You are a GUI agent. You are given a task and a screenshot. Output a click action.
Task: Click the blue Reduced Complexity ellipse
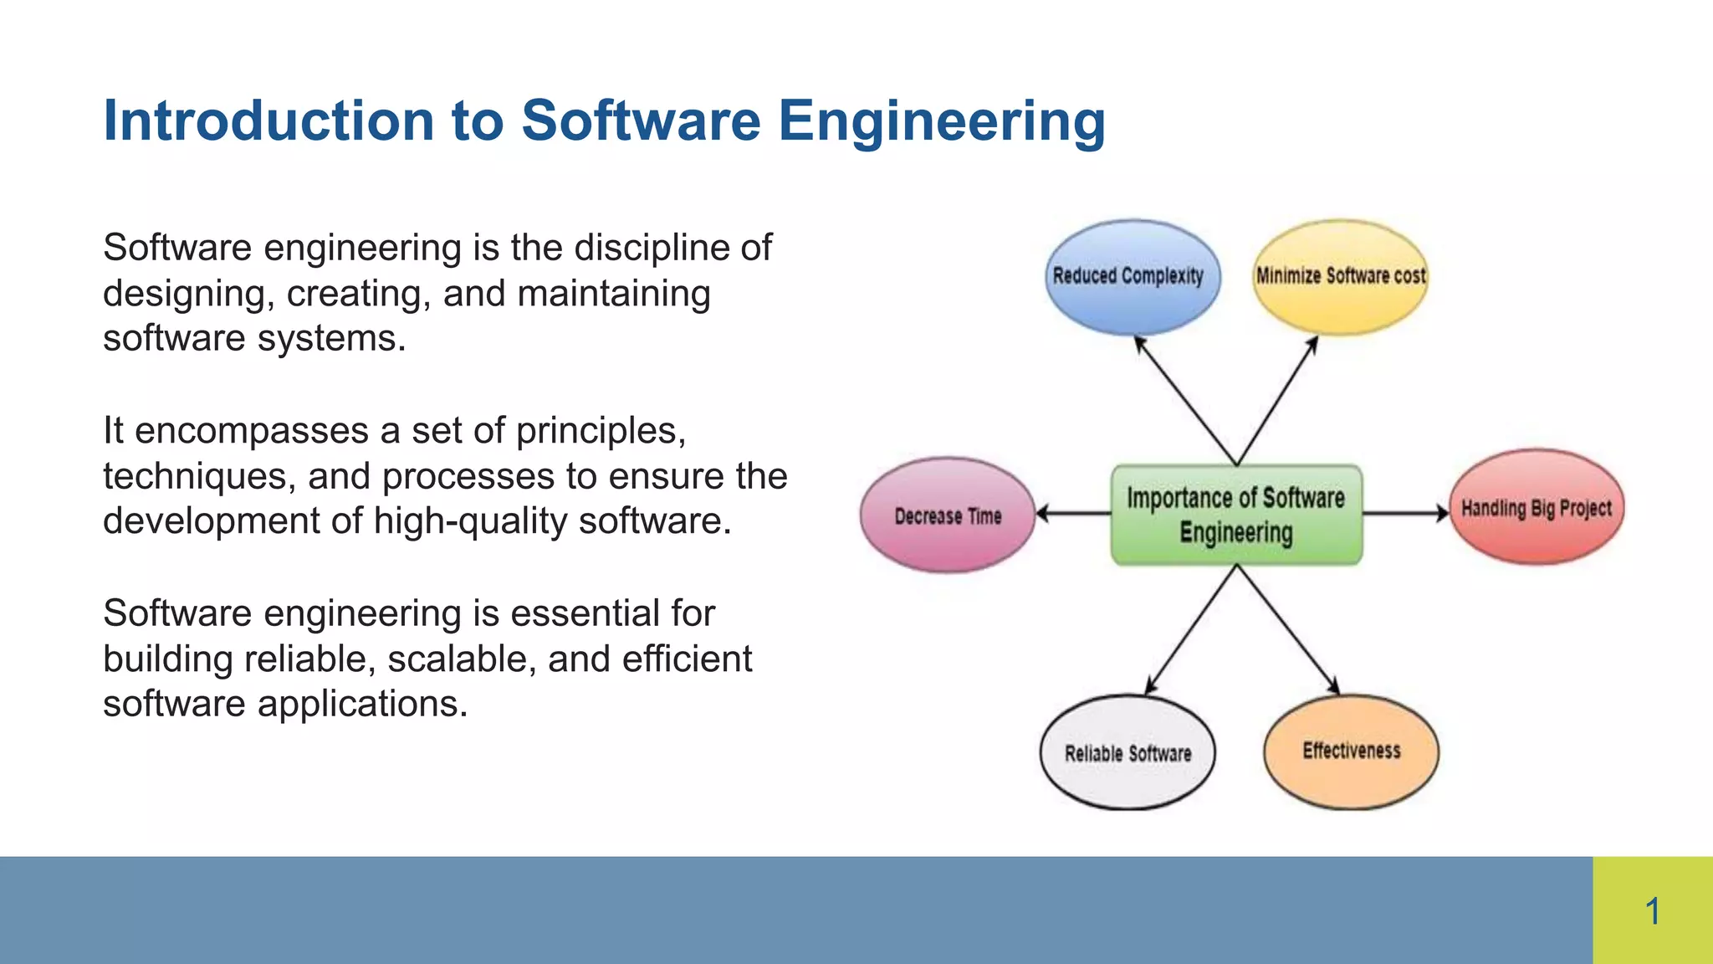coord(1132,277)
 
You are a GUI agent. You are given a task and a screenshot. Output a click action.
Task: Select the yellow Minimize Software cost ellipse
coord(1340,277)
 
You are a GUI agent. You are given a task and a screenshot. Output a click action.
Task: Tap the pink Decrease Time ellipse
coord(948,515)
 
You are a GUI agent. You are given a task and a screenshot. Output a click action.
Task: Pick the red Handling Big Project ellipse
coord(1537,507)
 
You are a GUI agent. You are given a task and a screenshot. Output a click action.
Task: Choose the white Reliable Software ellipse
coord(1128,752)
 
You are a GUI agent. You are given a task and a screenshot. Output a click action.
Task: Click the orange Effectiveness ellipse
coord(1351,751)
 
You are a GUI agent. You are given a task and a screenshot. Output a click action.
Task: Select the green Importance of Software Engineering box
coord(1236,515)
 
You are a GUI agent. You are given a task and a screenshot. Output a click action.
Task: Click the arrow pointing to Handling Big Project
coord(1405,513)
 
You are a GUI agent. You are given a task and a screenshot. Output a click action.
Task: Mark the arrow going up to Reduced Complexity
coord(1185,399)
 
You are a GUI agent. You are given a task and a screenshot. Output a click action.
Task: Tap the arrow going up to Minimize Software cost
coord(1277,401)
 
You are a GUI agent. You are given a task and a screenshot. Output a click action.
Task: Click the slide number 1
coord(1652,910)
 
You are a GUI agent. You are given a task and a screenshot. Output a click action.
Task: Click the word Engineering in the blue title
coord(942,122)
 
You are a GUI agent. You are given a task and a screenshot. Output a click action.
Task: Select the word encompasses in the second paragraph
coord(252,431)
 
